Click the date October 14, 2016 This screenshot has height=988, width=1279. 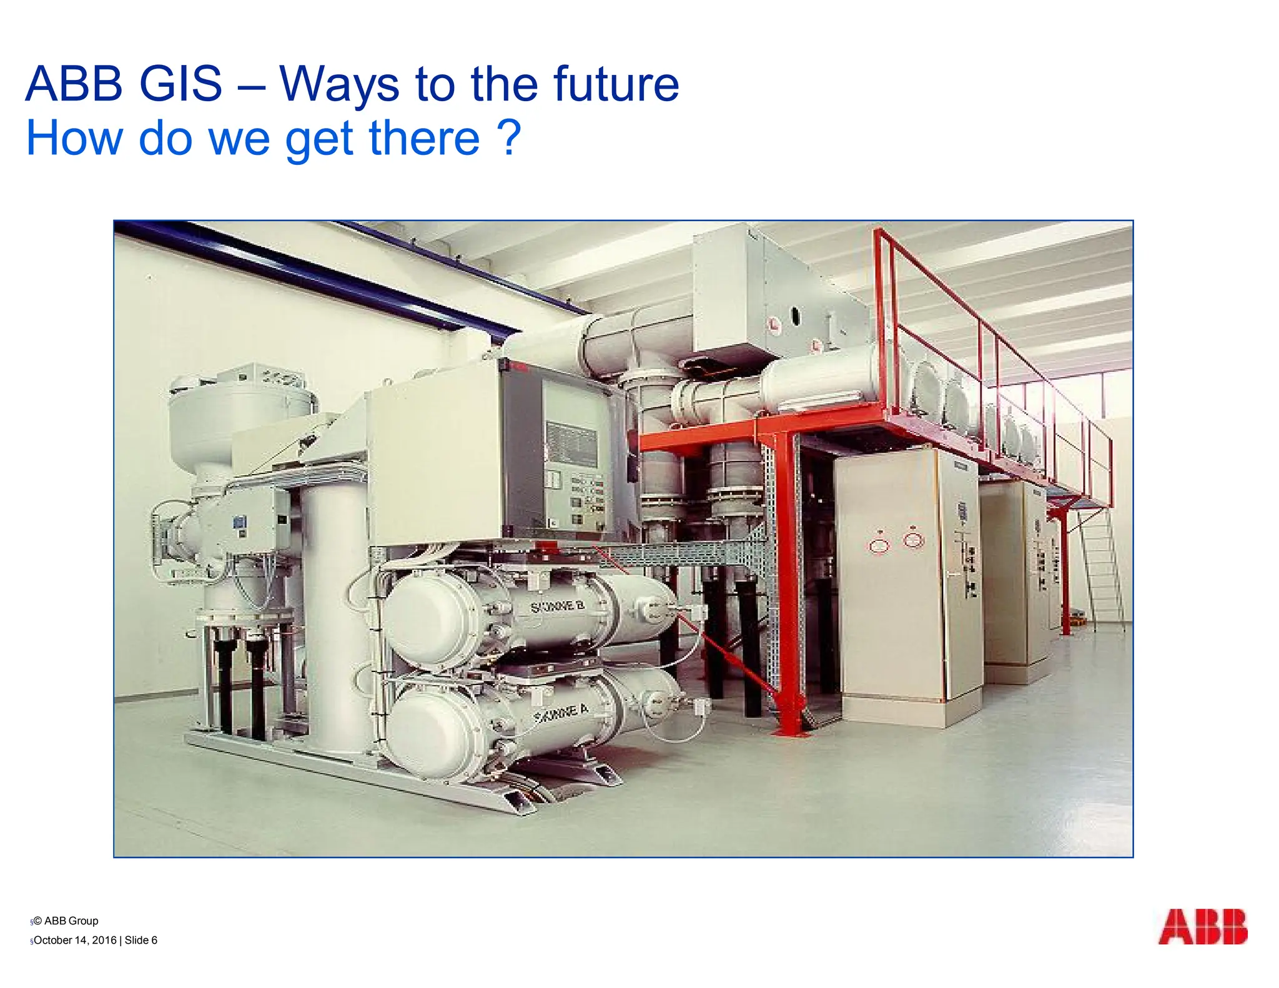75,940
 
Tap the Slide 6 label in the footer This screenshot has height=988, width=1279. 141,940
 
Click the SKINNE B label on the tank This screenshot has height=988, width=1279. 558,606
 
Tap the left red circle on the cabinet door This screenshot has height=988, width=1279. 879,545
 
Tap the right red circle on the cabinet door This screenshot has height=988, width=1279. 914,539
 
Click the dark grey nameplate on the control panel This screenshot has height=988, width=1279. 571,443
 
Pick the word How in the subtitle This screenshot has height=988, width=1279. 75,137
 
